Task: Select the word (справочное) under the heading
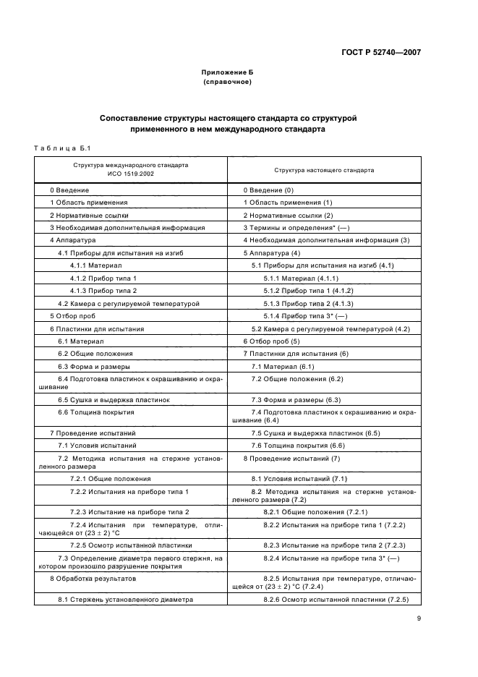[x=228, y=82]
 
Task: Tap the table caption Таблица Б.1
[x=61, y=149]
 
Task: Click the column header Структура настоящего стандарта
[x=323, y=170]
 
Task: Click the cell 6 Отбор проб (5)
[x=270, y=341]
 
